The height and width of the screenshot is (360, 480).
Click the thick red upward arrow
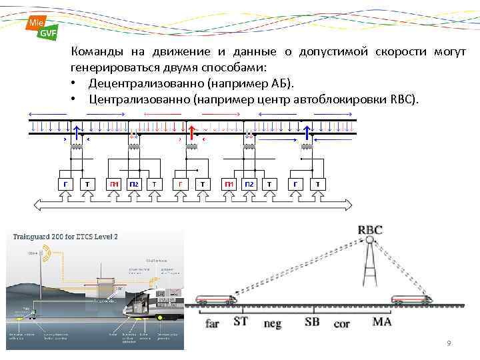click(x=192, y=133)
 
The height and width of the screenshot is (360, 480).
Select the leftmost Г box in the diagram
click(x=65, y=184)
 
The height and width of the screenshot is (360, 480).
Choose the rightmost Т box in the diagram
click(x=318, y=184)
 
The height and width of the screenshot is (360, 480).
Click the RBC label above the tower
click(x=371, y=230)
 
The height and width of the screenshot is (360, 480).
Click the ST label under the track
click(x=241, y=321)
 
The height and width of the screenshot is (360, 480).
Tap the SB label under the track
click(x=312, y=321)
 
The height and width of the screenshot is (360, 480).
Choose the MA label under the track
click(x=381, y=321)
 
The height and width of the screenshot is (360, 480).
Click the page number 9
click(x=449, y=343)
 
